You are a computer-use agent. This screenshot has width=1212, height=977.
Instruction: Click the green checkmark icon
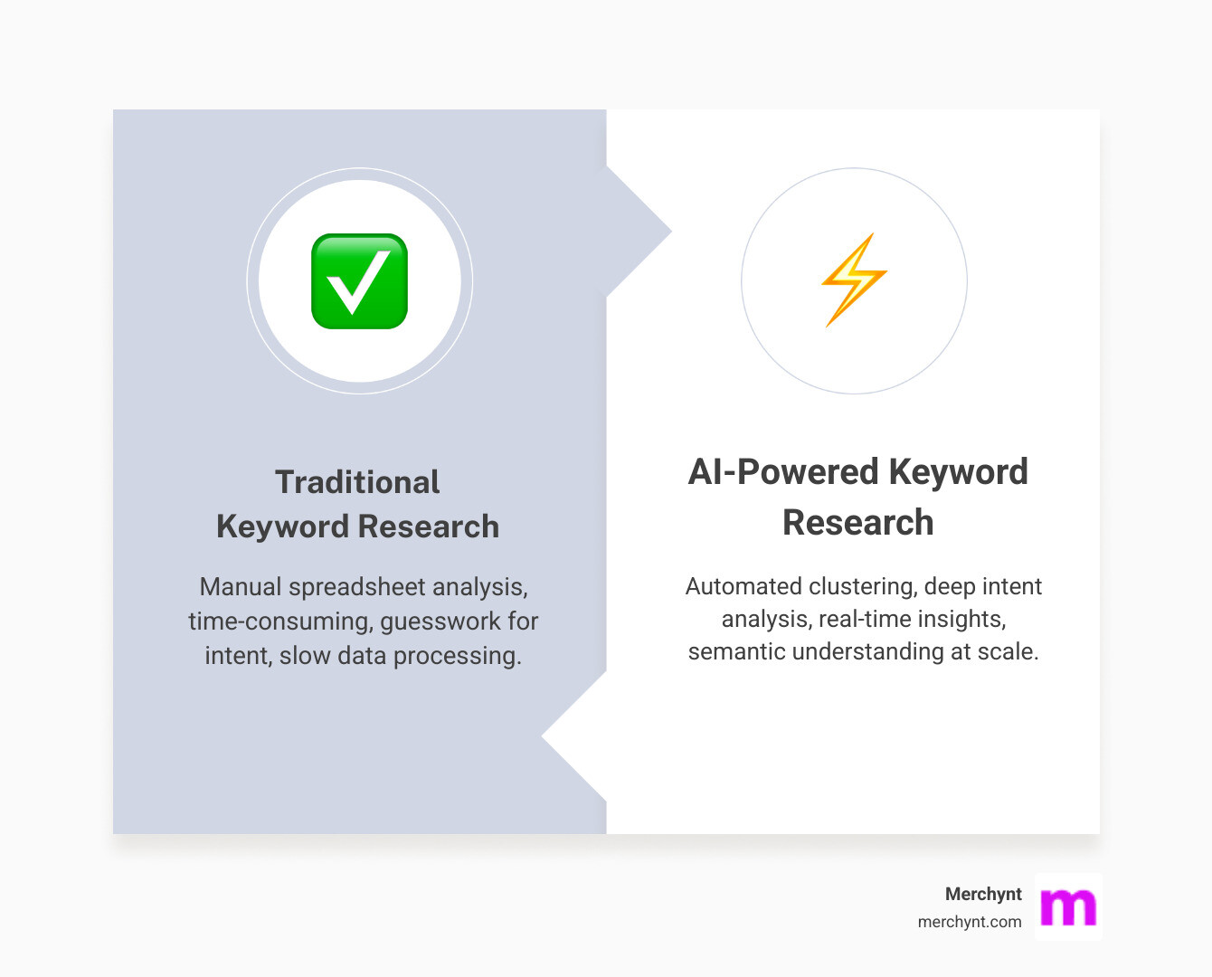point(359,281)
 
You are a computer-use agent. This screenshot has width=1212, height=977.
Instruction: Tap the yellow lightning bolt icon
point(854,280)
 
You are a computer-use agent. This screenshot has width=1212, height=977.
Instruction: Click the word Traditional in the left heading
point(357,482)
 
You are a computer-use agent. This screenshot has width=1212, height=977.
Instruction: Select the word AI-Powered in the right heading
point(782,472)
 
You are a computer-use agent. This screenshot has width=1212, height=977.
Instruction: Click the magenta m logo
point(1068,906)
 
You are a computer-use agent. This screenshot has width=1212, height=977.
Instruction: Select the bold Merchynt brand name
point(983,894)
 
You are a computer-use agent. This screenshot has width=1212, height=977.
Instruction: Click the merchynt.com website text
point(970,922)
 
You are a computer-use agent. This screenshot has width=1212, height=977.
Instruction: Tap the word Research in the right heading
point(857,523)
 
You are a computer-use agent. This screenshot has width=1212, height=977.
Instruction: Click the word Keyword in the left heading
point(283,526)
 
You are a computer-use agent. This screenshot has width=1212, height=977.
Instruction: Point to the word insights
point(960,619)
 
